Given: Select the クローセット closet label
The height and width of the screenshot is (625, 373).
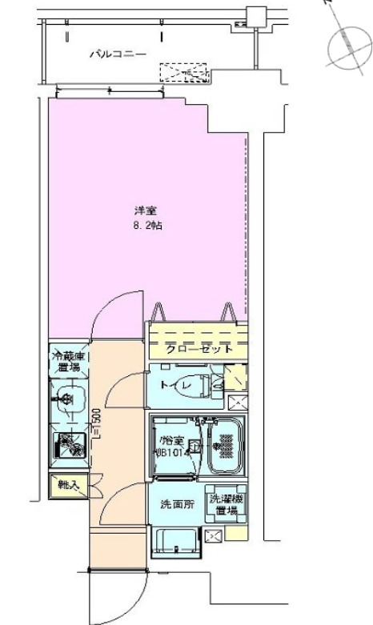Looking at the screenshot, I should [199, 349].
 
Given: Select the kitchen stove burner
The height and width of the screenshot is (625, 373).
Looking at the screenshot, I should [71, 445].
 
